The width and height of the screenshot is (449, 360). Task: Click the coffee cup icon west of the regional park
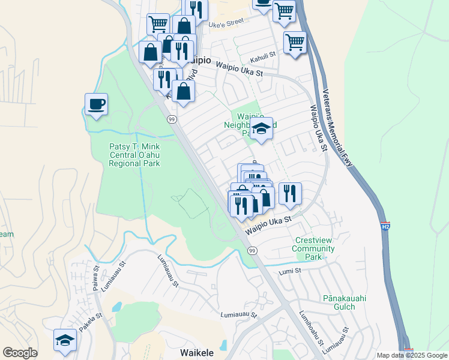coord(97,104)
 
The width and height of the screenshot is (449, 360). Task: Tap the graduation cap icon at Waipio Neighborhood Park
coord(261,128)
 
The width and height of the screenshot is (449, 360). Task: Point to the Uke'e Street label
coord(226,22)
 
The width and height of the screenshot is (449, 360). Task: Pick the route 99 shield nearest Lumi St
coord(252,250)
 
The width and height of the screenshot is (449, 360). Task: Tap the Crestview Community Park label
coord(313,248)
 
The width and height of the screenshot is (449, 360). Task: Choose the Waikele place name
coord(197,353)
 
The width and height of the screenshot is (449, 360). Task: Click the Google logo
coord(20,353)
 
